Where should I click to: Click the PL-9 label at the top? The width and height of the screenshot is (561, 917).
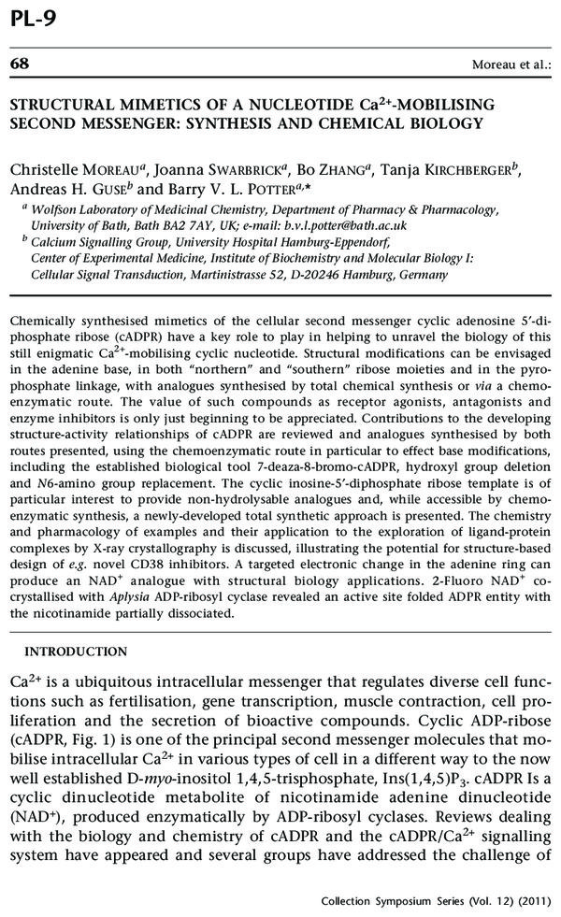click(x=35, y=16)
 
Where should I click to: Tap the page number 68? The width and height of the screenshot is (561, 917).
click(x=19, y=64)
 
